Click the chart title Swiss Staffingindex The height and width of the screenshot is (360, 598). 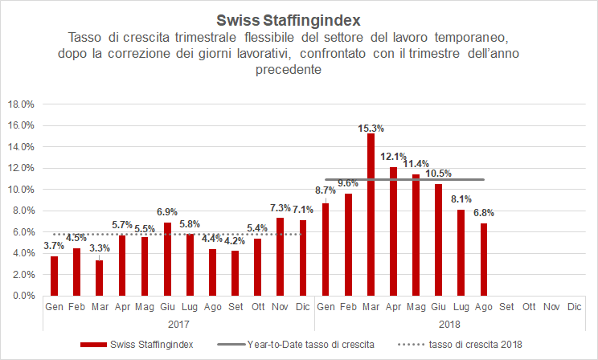299,18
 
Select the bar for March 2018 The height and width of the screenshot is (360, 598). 371,215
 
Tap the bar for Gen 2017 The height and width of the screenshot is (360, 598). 54,276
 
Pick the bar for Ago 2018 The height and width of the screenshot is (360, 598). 483,259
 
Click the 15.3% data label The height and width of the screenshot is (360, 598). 371,128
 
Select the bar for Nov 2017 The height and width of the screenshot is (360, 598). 280,256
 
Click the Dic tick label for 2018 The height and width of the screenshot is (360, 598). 574,306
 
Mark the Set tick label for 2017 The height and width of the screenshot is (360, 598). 235,306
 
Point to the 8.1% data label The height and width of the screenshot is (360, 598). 461,200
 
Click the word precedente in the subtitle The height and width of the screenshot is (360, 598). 299,70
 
